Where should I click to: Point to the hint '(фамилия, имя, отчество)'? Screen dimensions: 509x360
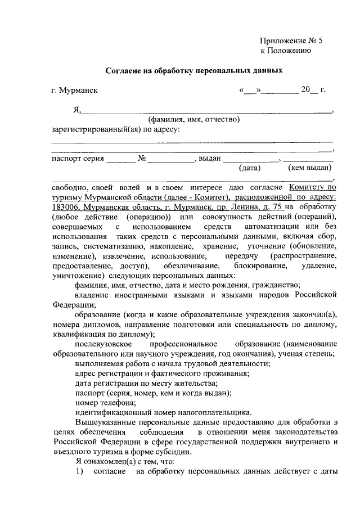pyautogui.click(x=194, y=119)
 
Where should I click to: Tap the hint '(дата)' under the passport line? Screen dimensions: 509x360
pyautogui.click(x=249, y=168)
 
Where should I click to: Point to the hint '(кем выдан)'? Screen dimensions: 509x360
pyautogui.click(x=309, y=168)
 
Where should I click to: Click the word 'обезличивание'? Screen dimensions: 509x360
pyautogui.click(x=190, y=265)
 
